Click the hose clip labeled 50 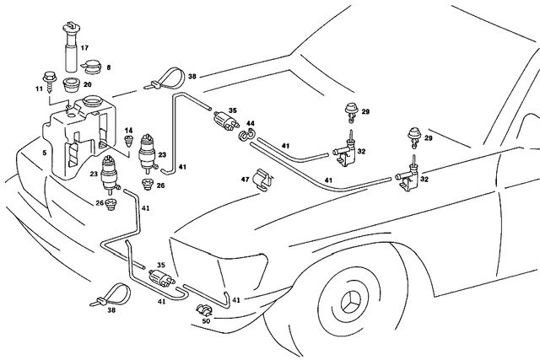[x=204, y=309]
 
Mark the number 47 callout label [x=246, y=179]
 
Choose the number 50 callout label [x=207, y=321]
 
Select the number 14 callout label [x=129, y=131]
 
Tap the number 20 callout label [x=87, y=85]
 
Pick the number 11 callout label [x=37, y=87]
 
